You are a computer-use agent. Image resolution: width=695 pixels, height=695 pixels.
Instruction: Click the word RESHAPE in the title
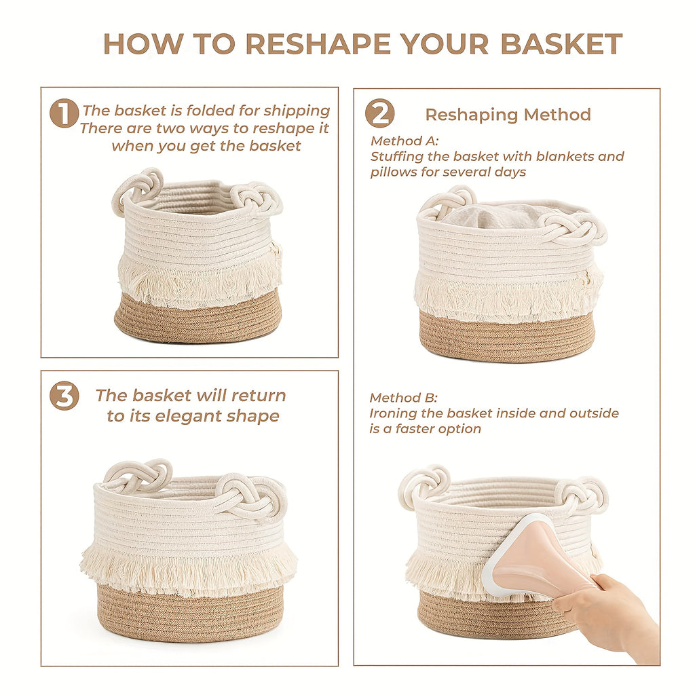point(318,44)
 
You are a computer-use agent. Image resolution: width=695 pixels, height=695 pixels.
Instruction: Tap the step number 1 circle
point(64,113)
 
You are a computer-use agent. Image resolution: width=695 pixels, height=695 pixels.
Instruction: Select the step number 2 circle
point(379,113)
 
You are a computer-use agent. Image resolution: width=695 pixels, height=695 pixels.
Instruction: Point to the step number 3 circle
point(64,396)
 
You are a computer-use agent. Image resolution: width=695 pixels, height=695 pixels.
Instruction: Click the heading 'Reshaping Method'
point(508,115)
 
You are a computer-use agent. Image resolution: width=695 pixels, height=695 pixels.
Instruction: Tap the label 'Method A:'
point(405,141)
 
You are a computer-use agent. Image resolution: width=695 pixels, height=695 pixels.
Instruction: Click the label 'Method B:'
point(403,398)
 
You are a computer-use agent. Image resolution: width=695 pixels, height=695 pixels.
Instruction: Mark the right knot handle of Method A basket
point(574,228)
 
